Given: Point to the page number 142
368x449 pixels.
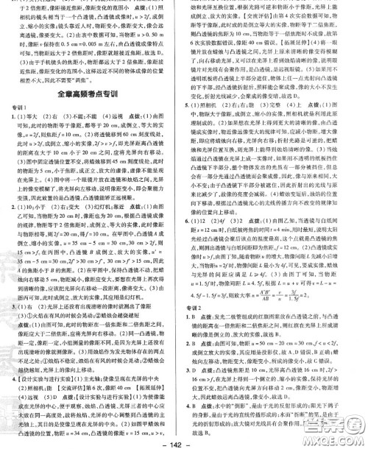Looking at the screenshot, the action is tap(183, 441).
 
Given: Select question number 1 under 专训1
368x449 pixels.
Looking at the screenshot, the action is tap(16, 116).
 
